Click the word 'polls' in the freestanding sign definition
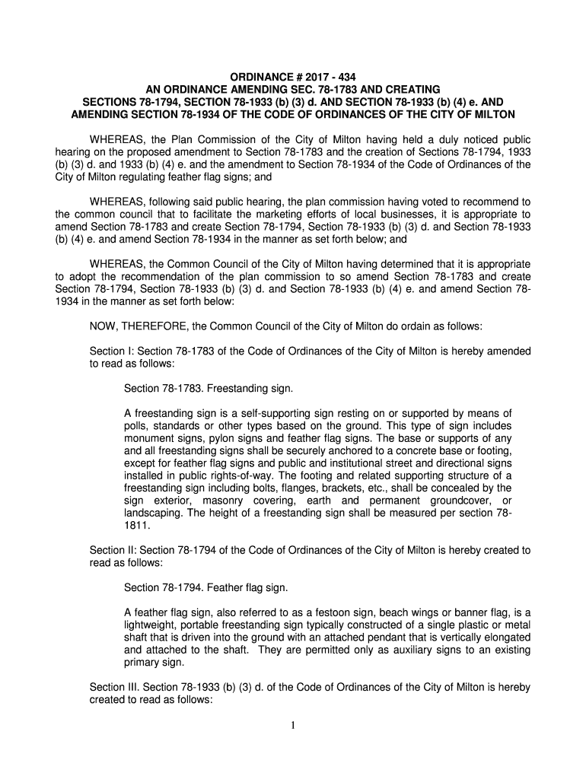tap(135, 426)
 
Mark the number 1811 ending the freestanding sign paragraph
tap(137, 525)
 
